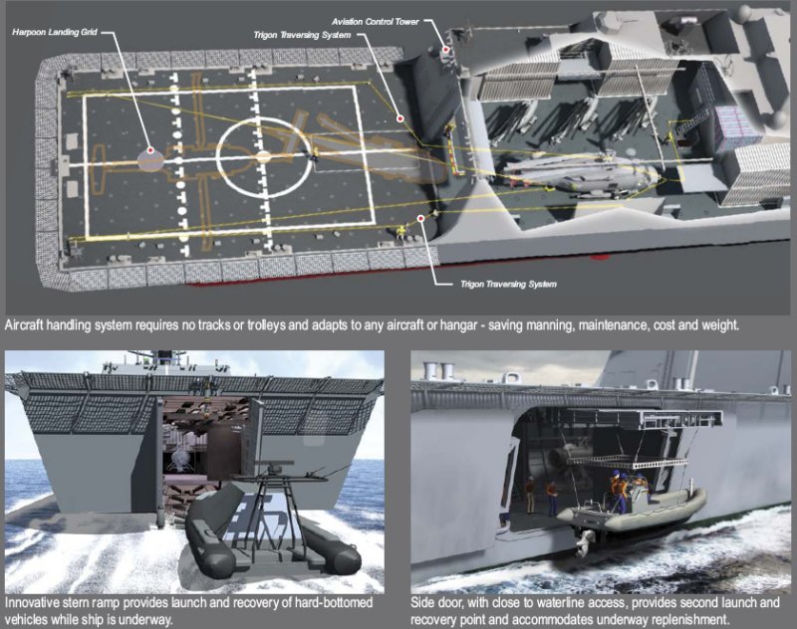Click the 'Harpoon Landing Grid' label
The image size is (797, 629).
coord(55,32)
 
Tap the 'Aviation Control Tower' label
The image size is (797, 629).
coord(376,21)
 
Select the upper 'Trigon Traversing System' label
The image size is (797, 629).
coord(302,35)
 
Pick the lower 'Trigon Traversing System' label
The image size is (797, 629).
coord(508,284)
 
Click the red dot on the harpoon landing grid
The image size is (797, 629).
coord(150,150)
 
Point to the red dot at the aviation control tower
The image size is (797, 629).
coord(445,49)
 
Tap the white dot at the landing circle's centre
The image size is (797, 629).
coord(263,157)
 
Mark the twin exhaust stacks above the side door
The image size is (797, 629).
coord(439,370)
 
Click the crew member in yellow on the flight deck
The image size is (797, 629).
coord(402,233)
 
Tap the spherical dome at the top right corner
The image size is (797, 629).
coord(746,12)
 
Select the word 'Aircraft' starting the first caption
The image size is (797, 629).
coord(23,324)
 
